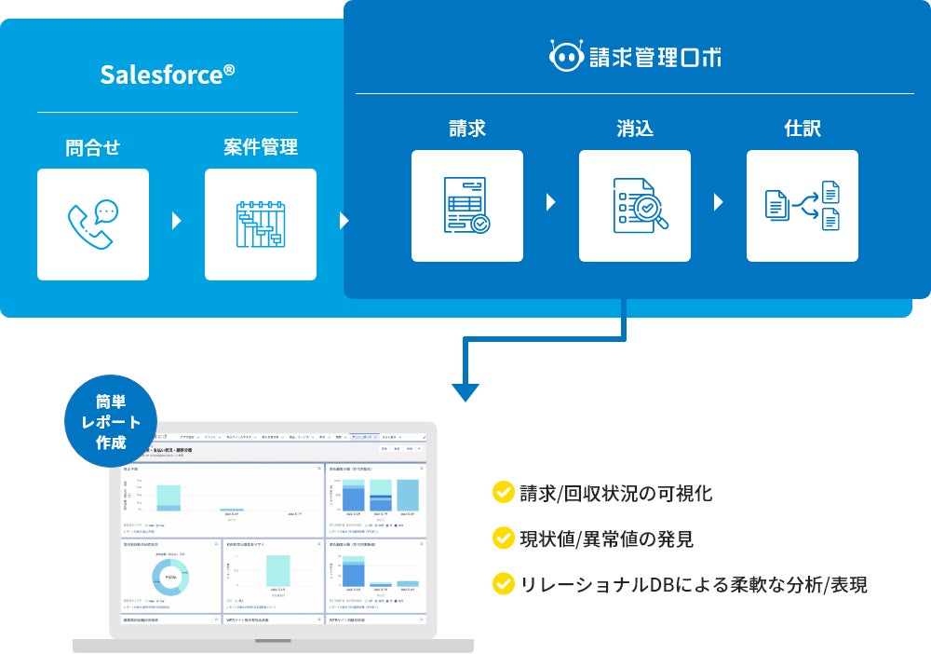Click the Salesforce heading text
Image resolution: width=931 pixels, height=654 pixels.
pos(168,75)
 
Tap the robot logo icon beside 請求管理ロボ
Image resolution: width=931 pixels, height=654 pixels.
pos(565,57)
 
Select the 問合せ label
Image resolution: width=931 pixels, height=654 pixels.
pos(93,147)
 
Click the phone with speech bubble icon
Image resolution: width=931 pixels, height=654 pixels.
pos(93,225)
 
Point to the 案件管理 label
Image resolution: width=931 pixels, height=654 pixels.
pos(261,147)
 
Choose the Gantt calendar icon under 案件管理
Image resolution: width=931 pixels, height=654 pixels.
pos(261,225)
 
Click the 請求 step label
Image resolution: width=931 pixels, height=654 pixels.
pos(467,129)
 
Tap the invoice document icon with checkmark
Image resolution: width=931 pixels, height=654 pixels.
pos(467,206)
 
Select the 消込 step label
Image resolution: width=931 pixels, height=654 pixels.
pos(635,129)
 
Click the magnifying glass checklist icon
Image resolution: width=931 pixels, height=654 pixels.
pos(635,206)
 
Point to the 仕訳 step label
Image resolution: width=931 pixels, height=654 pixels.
pos(803,129)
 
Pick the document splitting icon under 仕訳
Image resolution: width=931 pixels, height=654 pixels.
pos(803,206)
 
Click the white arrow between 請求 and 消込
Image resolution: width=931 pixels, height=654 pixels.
pos(551,202)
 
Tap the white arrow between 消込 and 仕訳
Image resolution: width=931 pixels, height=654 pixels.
pos(719,202)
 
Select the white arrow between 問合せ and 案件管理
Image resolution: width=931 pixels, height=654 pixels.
pos(177,222)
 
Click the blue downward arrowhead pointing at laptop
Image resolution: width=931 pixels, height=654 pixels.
pos(465,391)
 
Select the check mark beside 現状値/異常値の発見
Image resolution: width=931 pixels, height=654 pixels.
pos(504,538)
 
